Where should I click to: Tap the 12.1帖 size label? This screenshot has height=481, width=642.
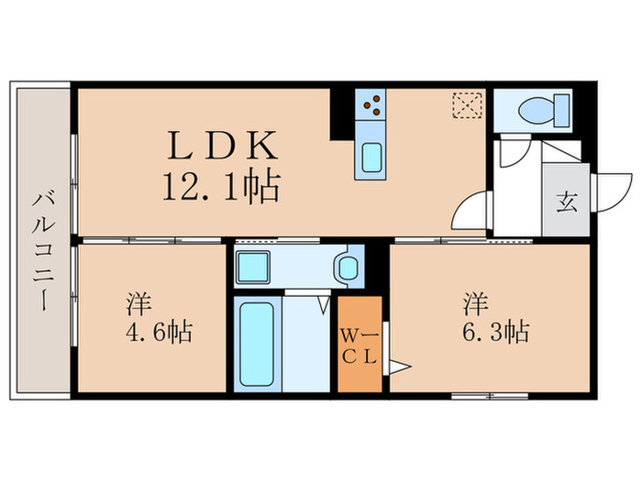[x=220, y=188]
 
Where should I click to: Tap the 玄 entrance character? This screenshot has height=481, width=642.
[x=566, y=202]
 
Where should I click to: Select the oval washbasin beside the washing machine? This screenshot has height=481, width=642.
[x=346, y=268]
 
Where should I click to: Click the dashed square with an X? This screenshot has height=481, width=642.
[x=467, y=104]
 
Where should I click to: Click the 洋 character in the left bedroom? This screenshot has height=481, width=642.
[x=138, y=301]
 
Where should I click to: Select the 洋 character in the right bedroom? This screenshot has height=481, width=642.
[x=474, y=301]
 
